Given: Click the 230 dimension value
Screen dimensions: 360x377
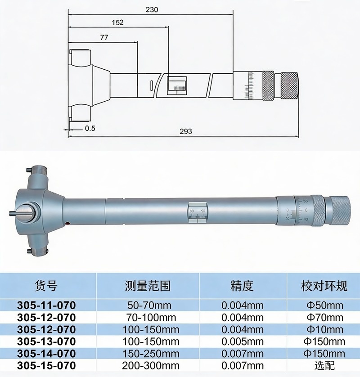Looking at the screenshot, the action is [x=152, y=9].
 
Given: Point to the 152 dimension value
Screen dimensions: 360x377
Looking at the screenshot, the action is [x=117, y=22].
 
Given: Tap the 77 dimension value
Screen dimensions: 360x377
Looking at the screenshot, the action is [x=104, y=37].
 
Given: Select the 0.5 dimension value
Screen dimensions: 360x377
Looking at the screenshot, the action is [x=90, y=128].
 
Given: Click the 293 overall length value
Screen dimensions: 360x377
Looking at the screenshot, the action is [x=186, y=131].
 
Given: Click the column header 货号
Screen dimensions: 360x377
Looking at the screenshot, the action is [x=46, y=286].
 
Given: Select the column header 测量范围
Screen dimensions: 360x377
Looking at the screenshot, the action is [x=148, y=286].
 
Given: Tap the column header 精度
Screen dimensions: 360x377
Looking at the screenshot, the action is [x=242, y=286].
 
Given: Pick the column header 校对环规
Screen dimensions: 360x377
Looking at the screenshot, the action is [x=324, y=286].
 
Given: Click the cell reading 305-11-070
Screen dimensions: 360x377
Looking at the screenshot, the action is [x=46, y=305].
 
